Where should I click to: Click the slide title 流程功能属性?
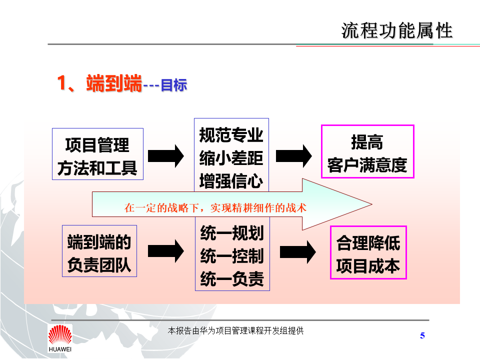[397, 31]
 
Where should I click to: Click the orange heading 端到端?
[114, 83]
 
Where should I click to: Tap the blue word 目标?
[173, 85]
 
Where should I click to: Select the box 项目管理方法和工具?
[97, 154]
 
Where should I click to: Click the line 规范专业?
[231, 135]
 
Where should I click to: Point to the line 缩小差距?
[231, 157]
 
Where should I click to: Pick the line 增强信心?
[231, 180]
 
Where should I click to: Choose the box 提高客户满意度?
[367, 151]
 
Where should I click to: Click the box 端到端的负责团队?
[99, 251]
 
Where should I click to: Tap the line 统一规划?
[231, 233]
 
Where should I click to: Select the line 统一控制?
[231, 256]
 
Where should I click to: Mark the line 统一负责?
[231, 278]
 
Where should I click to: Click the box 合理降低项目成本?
[368, 252]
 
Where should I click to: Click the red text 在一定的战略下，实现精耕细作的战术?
[215, 207]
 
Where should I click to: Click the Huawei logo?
[60, 338]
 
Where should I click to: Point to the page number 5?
[422, 335]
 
